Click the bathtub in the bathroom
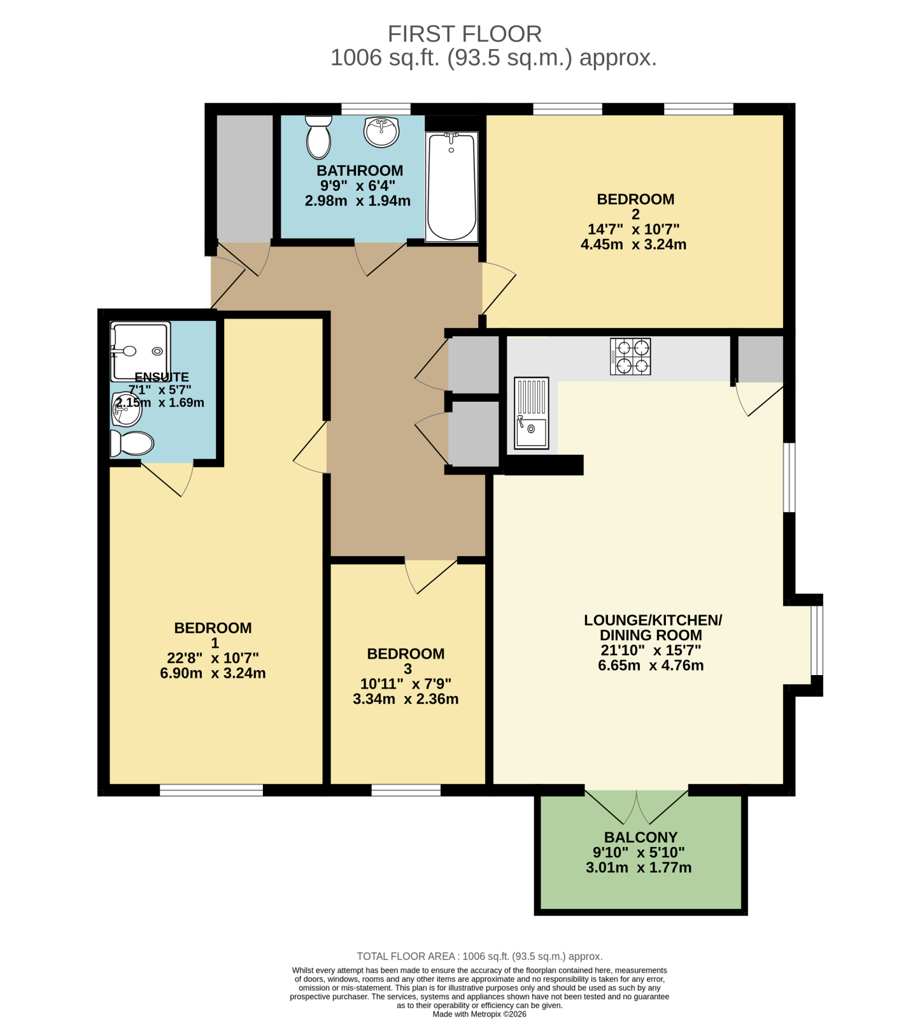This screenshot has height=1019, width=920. coord(451,187)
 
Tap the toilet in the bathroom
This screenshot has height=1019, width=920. coord(318,137)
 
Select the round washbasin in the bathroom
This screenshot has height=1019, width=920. coord(381,131)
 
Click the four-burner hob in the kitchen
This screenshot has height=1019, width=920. coord(630,357)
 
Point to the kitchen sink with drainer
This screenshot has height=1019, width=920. coord(531,413)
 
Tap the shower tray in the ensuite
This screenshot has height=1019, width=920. coord(140,351)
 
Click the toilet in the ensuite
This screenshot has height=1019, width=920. coord(132,443)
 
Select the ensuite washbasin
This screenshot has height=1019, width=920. coord(126,408)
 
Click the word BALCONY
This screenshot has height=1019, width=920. coord(640,837)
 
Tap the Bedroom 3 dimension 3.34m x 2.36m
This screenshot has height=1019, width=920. coord(406,699)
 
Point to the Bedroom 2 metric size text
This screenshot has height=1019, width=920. coord(633,245)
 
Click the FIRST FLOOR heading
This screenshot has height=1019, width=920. coord(465,34)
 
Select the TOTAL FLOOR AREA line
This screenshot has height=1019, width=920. coord(479,957)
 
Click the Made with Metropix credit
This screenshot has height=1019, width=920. coord(479,1014)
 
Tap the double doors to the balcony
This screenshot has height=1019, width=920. coord(637,806)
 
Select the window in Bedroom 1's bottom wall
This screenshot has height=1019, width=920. coord(211,790)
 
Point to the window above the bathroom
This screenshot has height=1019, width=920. coord(376,109)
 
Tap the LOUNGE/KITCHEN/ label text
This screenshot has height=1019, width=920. coord(653,620)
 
